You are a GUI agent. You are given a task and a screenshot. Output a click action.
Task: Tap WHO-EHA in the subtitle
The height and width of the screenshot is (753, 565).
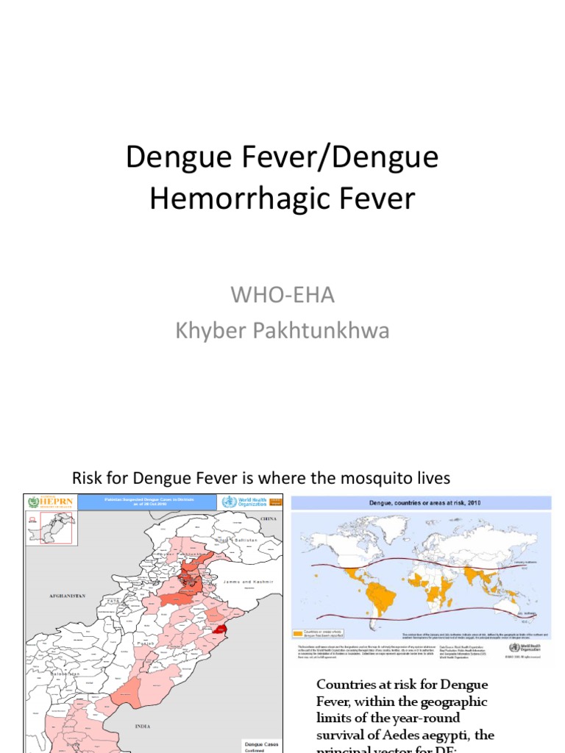282,296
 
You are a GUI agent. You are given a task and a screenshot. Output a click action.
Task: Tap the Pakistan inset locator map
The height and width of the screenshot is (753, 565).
50,527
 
